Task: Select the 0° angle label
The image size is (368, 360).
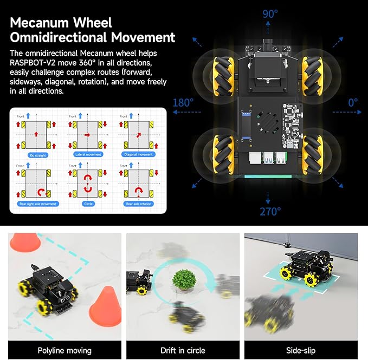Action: pyautogui.click(x=353, y=102)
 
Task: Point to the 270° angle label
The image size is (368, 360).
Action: pyautogui.click(x=270, y=211)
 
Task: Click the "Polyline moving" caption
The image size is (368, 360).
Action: pyautogui.click(x=64, y=350)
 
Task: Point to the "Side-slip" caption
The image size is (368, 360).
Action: pyautogui.click(x=301, y=350)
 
